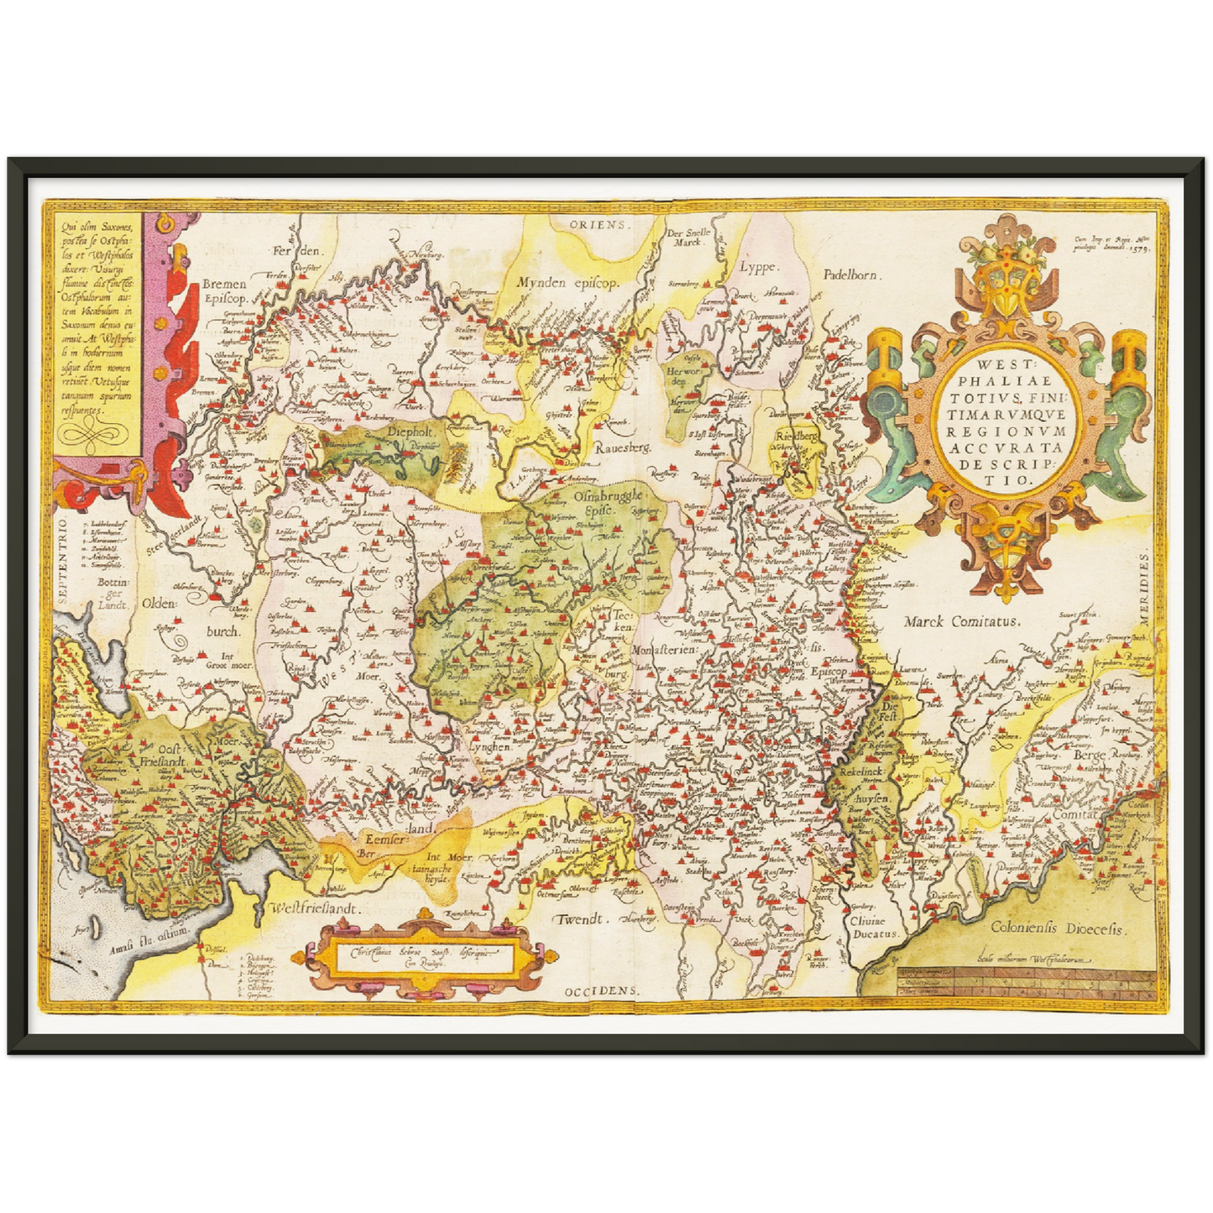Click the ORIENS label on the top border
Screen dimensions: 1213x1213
(598, 225)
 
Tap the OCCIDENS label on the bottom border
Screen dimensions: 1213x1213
(601, 991)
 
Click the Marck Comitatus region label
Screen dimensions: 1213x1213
(961, 622)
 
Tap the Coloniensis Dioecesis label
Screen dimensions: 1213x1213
(1057, 928)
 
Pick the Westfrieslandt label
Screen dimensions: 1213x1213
(314, 908)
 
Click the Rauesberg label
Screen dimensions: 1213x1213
(623, 448)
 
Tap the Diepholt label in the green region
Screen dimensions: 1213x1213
(409, 431)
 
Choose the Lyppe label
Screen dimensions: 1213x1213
(758, 268)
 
